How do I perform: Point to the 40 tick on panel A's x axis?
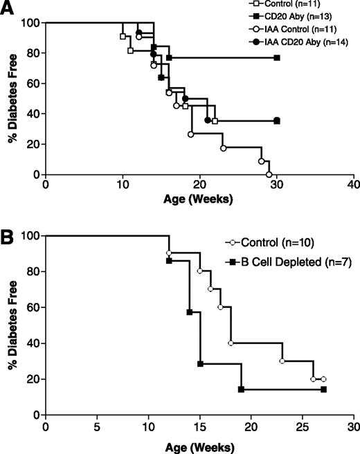click(354, 186)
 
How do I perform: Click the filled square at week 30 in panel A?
click(277, 57)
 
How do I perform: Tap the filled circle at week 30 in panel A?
click(277, 120)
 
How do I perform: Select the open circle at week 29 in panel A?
click(269, 174)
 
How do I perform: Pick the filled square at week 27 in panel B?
click(323, 390)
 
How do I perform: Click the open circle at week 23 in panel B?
click(282, 361)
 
